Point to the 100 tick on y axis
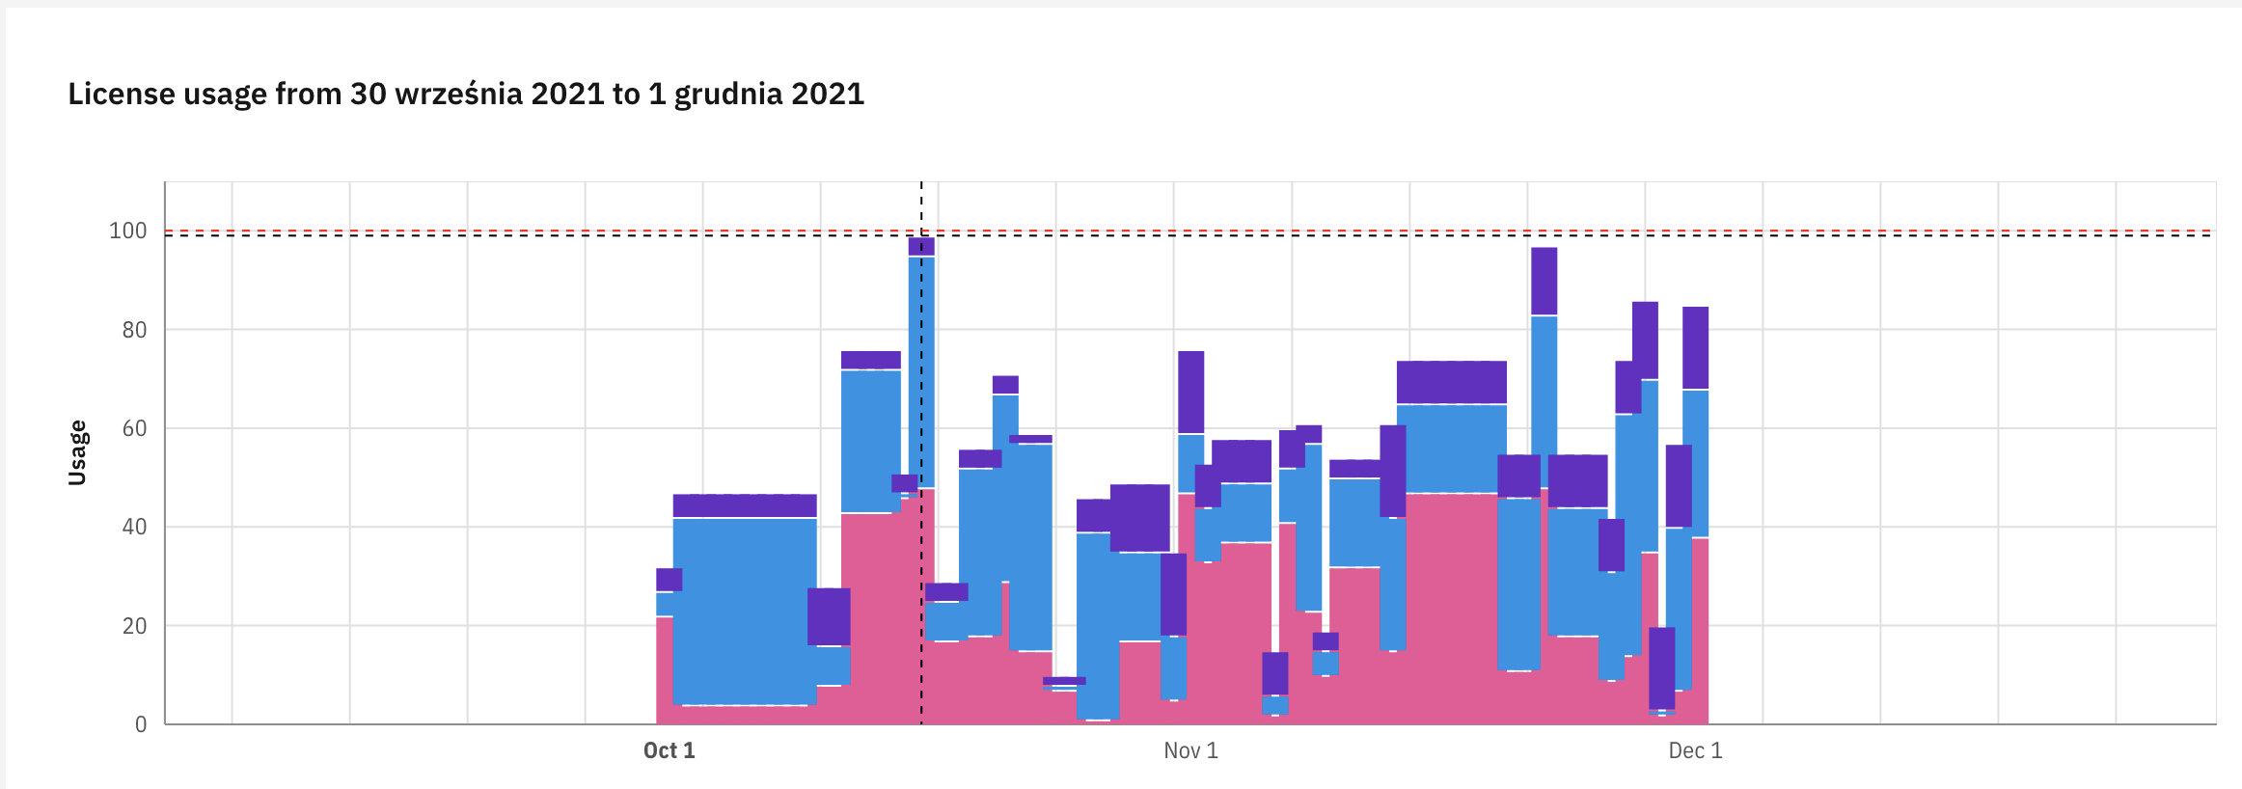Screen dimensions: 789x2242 pyautogui.click(x=127, y=231)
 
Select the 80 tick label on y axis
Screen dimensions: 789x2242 pyautogui.click(x=134, y=330)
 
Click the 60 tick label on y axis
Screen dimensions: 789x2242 pyautogui.click(x=134, y=428)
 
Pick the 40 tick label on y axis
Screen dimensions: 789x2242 pyautogui.click(x=134, y=527)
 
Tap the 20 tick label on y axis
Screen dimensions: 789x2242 pyautogui.click(x=134, y=626)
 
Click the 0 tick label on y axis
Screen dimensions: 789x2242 pyautogui.click(x=141, y=724)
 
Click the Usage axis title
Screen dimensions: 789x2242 pyautogui.click(x=77, y=452)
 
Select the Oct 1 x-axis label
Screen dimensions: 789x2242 pyautogui.click(x=669, y=750)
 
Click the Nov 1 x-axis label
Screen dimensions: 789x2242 pyautogui.click(x=1190, y=750)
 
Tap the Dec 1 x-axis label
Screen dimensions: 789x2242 pyautogui.click(x=1695, y=750)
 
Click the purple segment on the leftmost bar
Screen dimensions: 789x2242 pyautogui.click(x=669, y=580)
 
